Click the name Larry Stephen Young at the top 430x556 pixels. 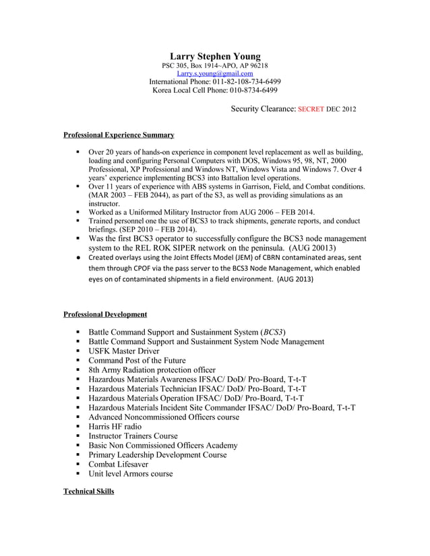pyautogui.click(x=215, y=55)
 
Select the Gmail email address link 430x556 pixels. pyautogui.click(x=215, y=73)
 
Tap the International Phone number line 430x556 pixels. pyautogui.click(x=215, y=81)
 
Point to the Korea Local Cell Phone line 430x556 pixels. pyautogui.click(x=215, y=90)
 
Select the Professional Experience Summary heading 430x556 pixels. pyautogui.click(x=119, y=135)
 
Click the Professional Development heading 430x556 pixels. pyautogui.click(x=105, y=314)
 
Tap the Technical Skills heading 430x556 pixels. pyautogui.click(x=88, y=491)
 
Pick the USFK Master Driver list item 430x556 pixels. pyautogui.click(x=124, y=351)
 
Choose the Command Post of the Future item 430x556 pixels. pyautogui.click(x=137, y=360)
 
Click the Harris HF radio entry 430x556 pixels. pyautogui.click(x=115, y=426)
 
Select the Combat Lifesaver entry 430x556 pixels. pyautogui.click(x=119, y=464)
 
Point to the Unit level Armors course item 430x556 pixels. pyautogui.click(x=131, y=473)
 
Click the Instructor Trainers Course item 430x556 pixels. pyautogui.click(x=133, y=436)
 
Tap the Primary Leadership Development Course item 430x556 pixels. pyautogui.click(x=158, y=454)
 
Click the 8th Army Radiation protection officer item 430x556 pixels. pyautogui.click(x=152, y=370)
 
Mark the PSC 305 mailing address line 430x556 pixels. pyautogui.click(x=215, y=65)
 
